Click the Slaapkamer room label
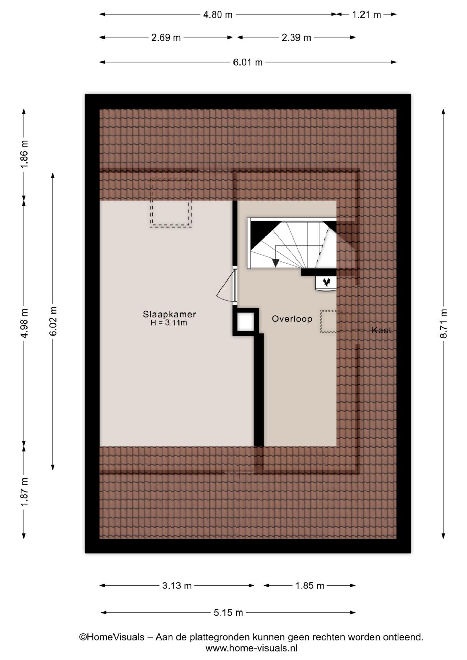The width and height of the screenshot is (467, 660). (170, 314)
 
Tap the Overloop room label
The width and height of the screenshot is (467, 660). (292, 319)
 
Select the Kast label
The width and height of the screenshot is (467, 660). (381, 330)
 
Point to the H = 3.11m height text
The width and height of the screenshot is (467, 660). (169, 323)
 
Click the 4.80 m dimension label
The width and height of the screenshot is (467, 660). (218, 15)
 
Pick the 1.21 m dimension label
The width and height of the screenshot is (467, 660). (367, 15)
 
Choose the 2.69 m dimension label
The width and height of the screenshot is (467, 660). (166, 37)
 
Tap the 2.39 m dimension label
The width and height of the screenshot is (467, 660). (296, 37)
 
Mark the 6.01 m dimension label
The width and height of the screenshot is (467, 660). (248, 62)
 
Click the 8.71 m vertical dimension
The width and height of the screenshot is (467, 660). (444, 323)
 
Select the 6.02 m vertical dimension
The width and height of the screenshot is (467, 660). (53, 321)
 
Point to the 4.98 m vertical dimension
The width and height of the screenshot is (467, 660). (24, 323)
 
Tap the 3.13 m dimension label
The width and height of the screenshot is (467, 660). (177, 586)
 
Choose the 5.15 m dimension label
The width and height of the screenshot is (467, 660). (228, 613)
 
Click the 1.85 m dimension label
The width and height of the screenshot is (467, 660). (310, 586)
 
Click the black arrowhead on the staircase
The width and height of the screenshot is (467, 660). (275, 263)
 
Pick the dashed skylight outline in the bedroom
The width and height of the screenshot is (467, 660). (170, 202)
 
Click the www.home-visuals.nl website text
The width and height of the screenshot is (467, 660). (251, 648)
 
